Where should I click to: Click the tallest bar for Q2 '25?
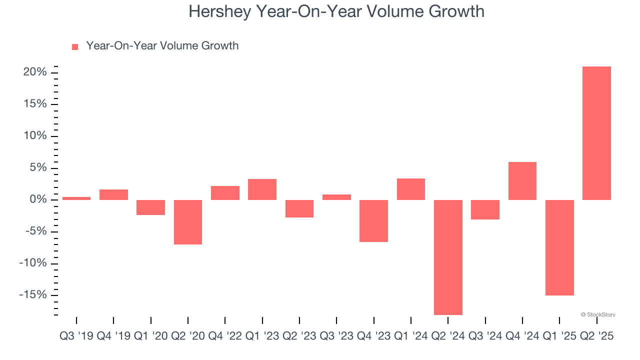point(596,133)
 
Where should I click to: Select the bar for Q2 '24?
point(448,257)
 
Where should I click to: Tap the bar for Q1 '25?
point(559,247)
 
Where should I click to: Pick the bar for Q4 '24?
point(522,181)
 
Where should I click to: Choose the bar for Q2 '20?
point(188,222)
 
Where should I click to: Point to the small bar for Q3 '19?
point(76,198)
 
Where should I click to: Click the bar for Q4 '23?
point(374,221)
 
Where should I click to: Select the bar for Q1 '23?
point(262,189)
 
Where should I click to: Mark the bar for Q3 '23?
point(336,197)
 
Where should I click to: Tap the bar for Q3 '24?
point(485,209)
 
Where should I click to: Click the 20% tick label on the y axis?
point(35,72)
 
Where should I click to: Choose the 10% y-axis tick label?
point(35,136)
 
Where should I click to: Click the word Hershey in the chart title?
point(219,11)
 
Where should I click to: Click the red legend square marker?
point(75,47)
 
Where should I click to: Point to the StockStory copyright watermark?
point(598,315)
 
